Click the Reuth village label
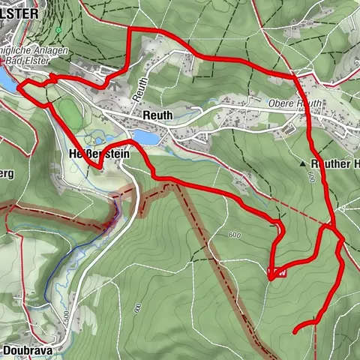pyautogui.click(x=157, y=115)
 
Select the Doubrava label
pyautogui.click(x=26, y=349)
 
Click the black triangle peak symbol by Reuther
pyautogui.click(x=303, y=163)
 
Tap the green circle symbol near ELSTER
pyautogui.click(x=58, y=30)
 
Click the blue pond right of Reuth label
pyautogui.click(x=148, y=139)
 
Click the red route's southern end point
pyautogui.click(x=293, y=330)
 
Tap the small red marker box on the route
pyautogui.click(x=276, y=272)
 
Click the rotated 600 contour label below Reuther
pyautogui.click(x=309, y=178)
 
